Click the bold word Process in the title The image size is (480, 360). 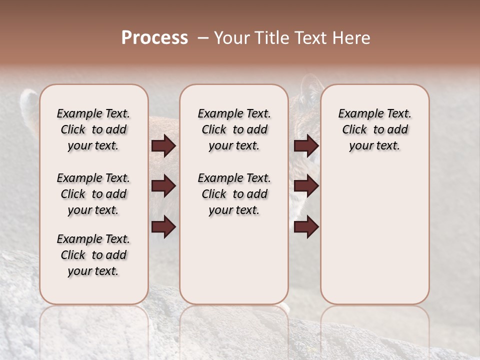pos(154,38)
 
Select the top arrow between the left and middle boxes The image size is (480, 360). pos(163,146)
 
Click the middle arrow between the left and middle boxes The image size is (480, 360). pos(163,186)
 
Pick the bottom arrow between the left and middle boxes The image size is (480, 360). pos(163,227)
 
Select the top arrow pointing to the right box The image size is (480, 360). pos(306,146)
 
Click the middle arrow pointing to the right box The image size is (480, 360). pos(306,186)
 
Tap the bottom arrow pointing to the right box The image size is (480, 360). pos(306,227)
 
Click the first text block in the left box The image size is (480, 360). pos(93,129)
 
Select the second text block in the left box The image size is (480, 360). pos(93,194)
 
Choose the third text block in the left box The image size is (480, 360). pos(93,255)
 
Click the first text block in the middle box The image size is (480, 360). pos(234,129)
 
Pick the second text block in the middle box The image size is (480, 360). pos(234,194)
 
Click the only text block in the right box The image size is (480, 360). pos(374,129)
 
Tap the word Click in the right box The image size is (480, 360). pos(354,130)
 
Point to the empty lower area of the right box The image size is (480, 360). pos(374,235)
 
